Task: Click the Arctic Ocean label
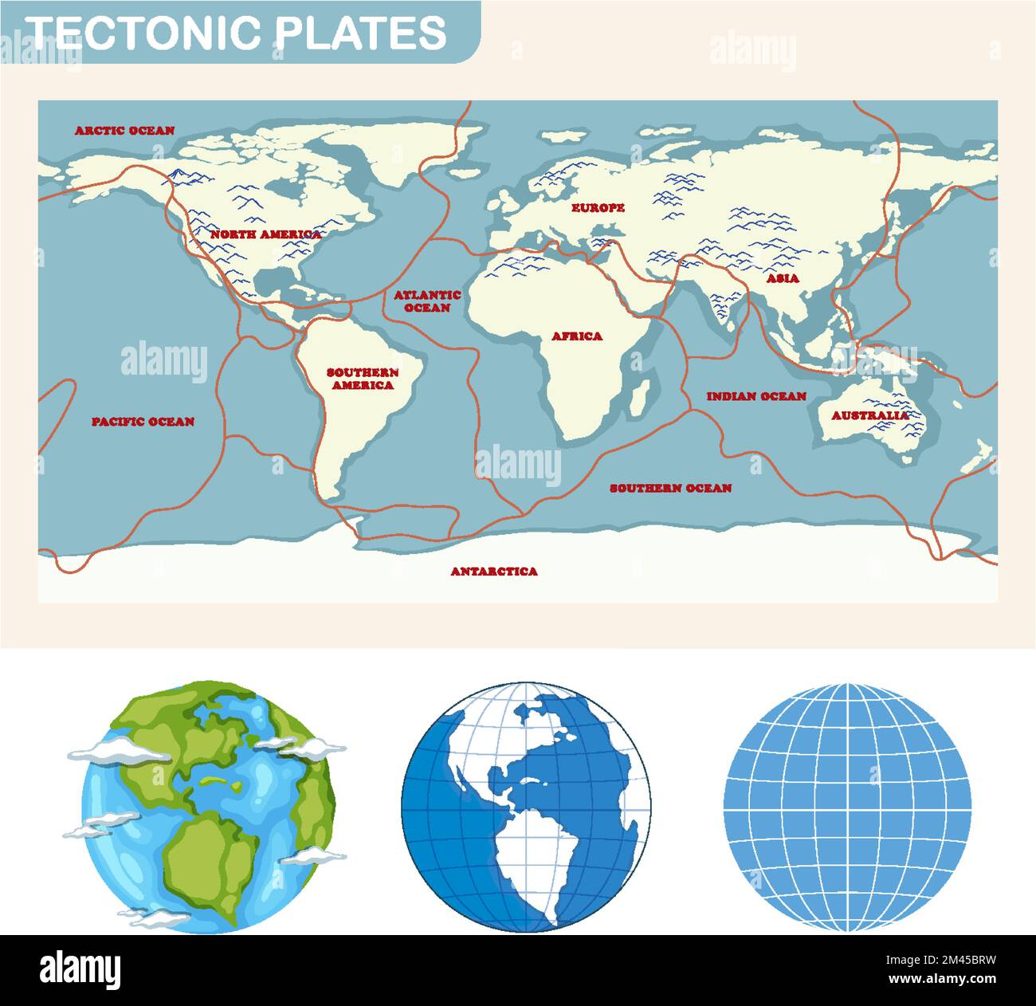(x=125, y=131)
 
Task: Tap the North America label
(x=265, y=234)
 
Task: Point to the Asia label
(x=783, y=279)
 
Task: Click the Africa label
(x=577, y=336)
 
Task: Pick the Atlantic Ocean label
(x=427, y=301)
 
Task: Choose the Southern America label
(x=363, y=379)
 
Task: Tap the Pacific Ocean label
(x=143, y=422)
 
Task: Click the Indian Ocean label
(x=756, y=396)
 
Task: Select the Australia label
(x=869, y=415)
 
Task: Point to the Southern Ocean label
(x=670, y=488)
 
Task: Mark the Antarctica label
(x=494, y=572)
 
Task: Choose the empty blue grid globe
(x=847, y=807)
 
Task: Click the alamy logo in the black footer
(x=80, y=969)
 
